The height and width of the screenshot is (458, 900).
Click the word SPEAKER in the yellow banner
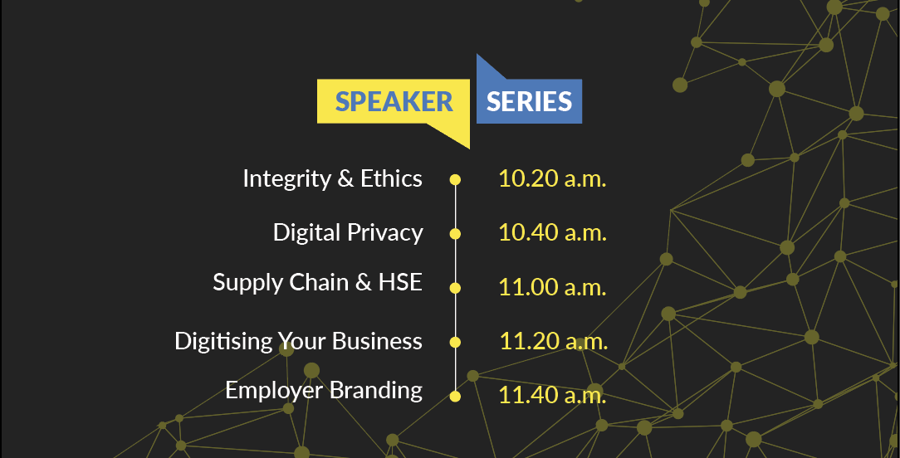pos(394,101)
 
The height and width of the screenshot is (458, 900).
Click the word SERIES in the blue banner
pos(529,101)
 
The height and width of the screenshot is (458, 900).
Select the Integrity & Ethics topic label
pos(332,179)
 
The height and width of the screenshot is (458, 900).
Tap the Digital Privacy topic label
pos(348,233)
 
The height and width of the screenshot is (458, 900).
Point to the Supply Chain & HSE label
pos(317,283)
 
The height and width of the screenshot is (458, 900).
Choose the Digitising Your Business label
pos(298,342)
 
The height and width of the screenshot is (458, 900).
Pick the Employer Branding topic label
pos(324,390)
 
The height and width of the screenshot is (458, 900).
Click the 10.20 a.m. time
pos(552,178)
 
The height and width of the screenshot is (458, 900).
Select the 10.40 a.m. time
pos(552,232)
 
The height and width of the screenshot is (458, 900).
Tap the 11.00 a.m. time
pos(552,287)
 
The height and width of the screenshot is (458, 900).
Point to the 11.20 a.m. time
pos(553,341)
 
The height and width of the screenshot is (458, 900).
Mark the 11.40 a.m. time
pos(552,395)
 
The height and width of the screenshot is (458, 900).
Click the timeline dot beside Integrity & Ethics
pos(455,180)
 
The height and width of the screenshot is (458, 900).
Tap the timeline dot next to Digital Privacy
pos(455,234)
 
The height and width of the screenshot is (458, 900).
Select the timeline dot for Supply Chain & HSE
pos(455,288)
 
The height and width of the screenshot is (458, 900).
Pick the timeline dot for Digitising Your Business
pos(455,342)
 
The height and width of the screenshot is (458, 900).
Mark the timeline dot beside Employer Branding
pos(455,396)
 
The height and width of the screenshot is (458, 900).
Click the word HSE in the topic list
pos(400,282)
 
